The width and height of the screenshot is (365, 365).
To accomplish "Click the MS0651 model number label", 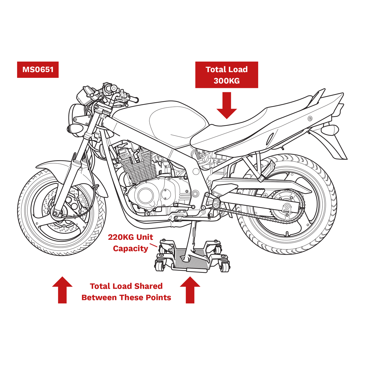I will tap(38, 70).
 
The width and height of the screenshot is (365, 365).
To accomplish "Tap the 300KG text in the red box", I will tap(226, 81).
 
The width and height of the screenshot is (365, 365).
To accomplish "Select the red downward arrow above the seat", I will tap(227, 105).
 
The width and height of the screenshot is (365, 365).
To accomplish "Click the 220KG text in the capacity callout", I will tap(121, 237).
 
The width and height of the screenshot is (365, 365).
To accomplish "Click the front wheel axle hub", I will tap(57, 212).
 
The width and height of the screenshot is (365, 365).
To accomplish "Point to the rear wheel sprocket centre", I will tap(287, 207).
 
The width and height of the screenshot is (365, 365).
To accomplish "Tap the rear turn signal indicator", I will tap(330, 130).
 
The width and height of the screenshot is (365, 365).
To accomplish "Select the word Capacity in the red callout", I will tap(130, 249).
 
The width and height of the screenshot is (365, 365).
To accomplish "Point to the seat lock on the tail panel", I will tap(310, 118).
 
